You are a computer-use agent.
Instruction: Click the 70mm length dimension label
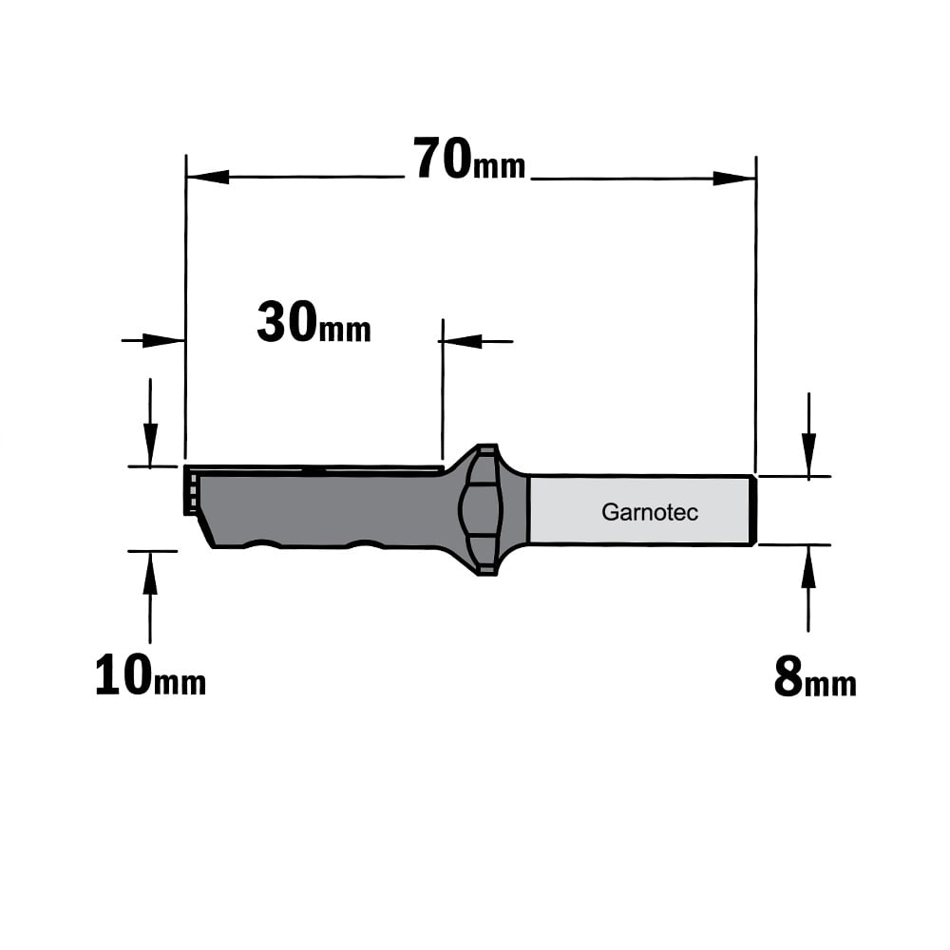[469, 159]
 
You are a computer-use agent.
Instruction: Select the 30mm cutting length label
[313, 323]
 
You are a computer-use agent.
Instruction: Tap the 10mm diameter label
[151, 674]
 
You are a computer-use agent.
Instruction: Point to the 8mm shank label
[815, 677]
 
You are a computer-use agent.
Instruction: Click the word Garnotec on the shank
[650, 513]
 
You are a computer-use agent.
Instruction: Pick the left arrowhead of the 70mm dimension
[208, 177]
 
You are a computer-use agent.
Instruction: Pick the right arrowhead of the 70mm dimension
[733, 179]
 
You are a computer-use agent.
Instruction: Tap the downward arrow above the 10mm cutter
[150, 423]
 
